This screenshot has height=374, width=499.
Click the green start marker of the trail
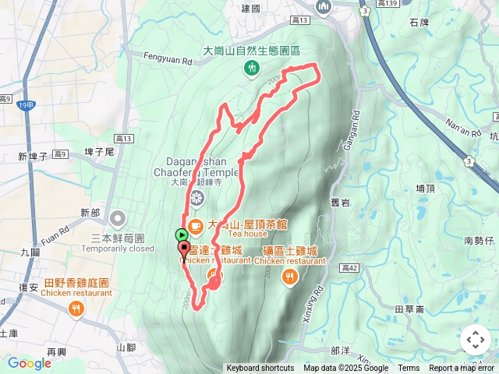[x=182, y=234]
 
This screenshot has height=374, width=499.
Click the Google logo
[x=29, y=363]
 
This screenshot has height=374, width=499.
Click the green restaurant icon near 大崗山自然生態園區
[x=251, y=69]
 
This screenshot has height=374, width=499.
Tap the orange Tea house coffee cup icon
[x=195, y=226]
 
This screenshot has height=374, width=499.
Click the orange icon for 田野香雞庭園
[x=76, y=309]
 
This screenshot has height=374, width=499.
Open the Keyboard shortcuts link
[x=260, y=369]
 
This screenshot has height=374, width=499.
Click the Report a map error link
[x=462, y=369]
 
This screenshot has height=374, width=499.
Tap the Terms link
[x=409, y=369]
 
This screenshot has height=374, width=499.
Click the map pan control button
[x=476, y=340]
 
